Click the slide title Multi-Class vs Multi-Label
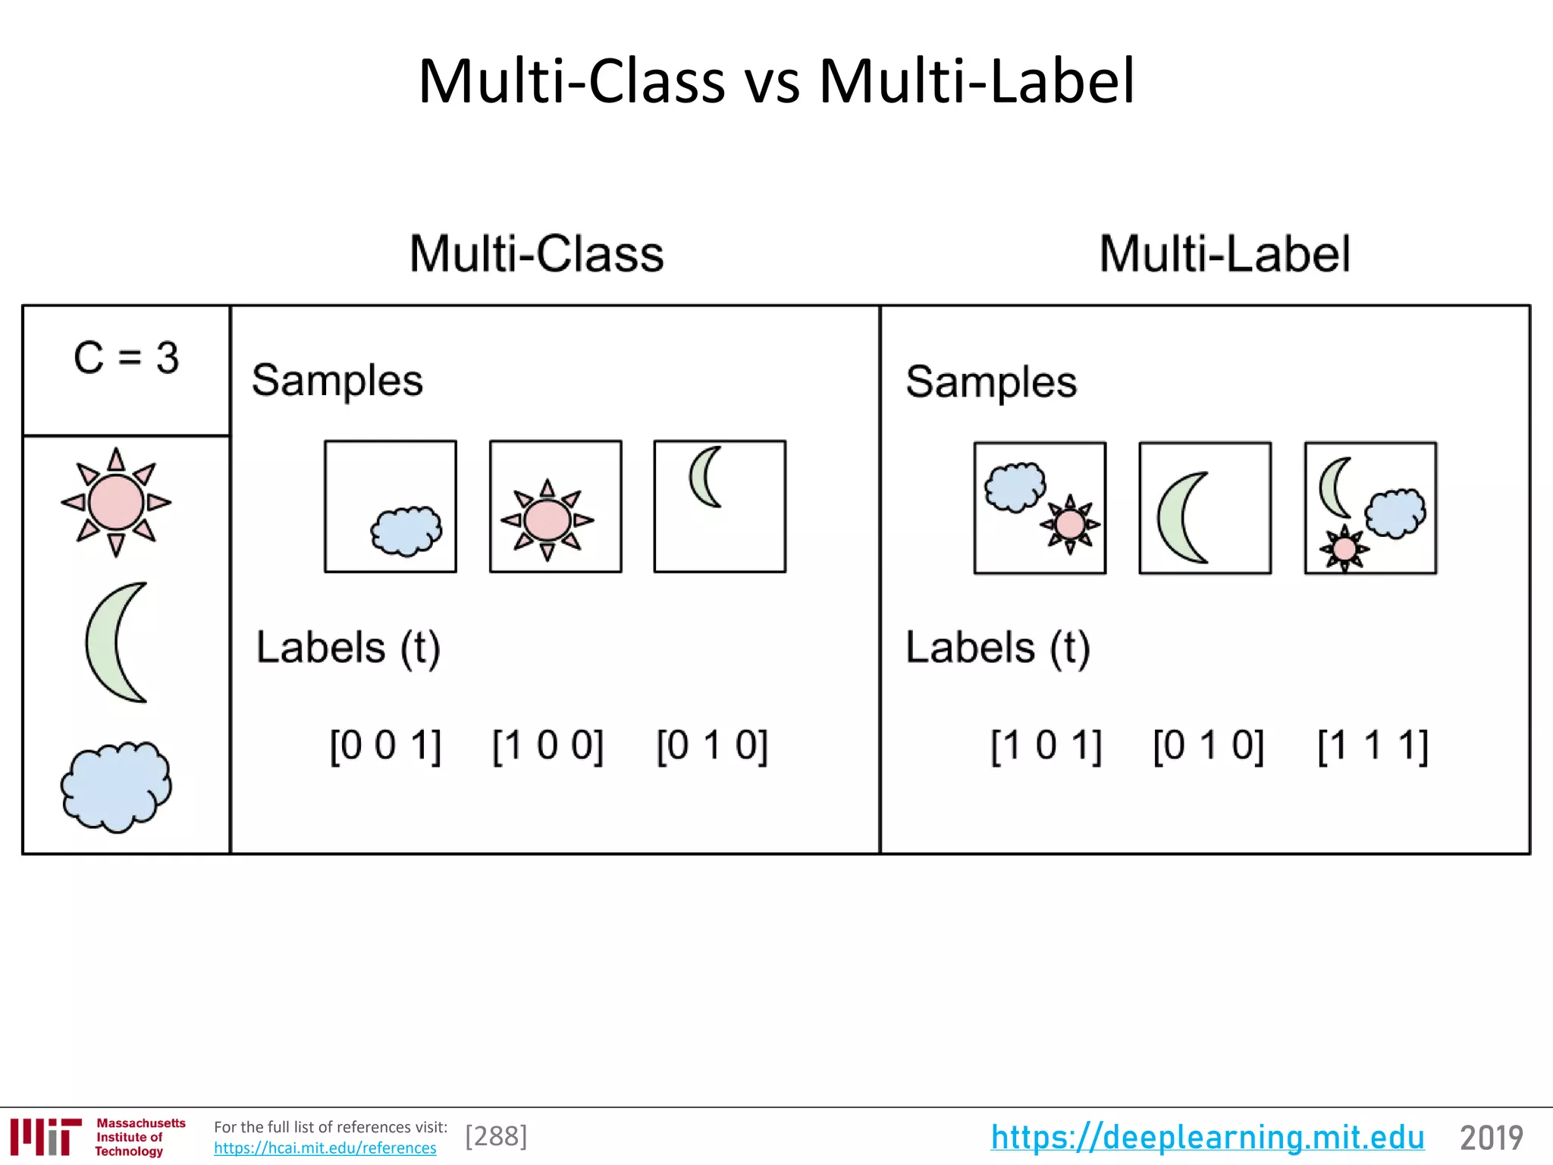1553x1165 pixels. coord(776,81)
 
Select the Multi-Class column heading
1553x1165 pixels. coord(536,253)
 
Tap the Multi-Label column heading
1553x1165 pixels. coord(1225,253)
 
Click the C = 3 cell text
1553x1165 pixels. coord(126,357)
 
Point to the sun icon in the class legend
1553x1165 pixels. coord(116,502)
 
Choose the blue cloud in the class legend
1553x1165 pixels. coord(116,786)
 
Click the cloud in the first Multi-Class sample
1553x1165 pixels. coord(406,531)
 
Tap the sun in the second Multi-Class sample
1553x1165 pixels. coord(547,520)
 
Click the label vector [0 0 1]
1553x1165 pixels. coord(385,746)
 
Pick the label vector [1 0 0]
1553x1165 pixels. coord(547,746)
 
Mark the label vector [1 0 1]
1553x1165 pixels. coord(1046,746)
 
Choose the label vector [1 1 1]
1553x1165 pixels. coord(1373,746)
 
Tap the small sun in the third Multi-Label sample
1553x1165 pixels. coord(1344,548)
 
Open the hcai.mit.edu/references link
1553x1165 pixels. coord(325,1148)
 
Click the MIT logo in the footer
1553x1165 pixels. coord(45,1137)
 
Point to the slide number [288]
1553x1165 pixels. coord(496,1136)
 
